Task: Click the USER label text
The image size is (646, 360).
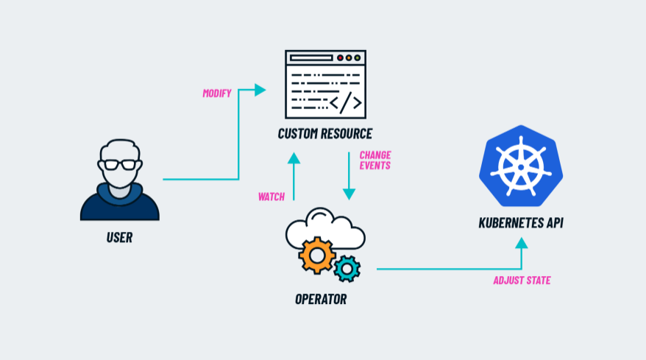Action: pyautogui.click(x=119, y=238)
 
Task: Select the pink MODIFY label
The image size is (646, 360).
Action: pyautogui.click(x=217, y=93)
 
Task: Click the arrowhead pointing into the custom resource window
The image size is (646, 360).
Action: pyautogui.click(x=260, y=90)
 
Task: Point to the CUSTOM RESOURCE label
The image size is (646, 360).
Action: pyautogui.click(x=324, y=133)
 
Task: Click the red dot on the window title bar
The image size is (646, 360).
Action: pyautogui.click(x=340, y=57)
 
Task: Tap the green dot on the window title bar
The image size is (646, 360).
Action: pyautogui.click(x=358, y=57)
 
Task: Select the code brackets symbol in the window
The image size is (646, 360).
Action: pyautogui.click(x=345, y=103)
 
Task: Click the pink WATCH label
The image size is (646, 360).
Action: pyautogui.click(x=271, y=197)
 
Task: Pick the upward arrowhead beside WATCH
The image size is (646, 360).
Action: pyautogui.click(x=294, y=157)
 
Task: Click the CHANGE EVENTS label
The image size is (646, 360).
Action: pyautogui.click(x=375, y=160)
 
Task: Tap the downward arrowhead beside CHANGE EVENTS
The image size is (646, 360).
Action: pyautogui.click(x=349, y=194)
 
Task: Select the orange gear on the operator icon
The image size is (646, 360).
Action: pyautogui.click(x=317, y=255)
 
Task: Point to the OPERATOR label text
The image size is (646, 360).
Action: pyautogui.click(x=320, y=300)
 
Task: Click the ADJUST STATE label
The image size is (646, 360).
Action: pyautogui.click(x=522, y=280)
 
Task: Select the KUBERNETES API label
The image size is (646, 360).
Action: pyautogui.click(x=521, y=222)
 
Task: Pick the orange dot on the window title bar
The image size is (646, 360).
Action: pyautogui.click(x=349, y=57)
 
